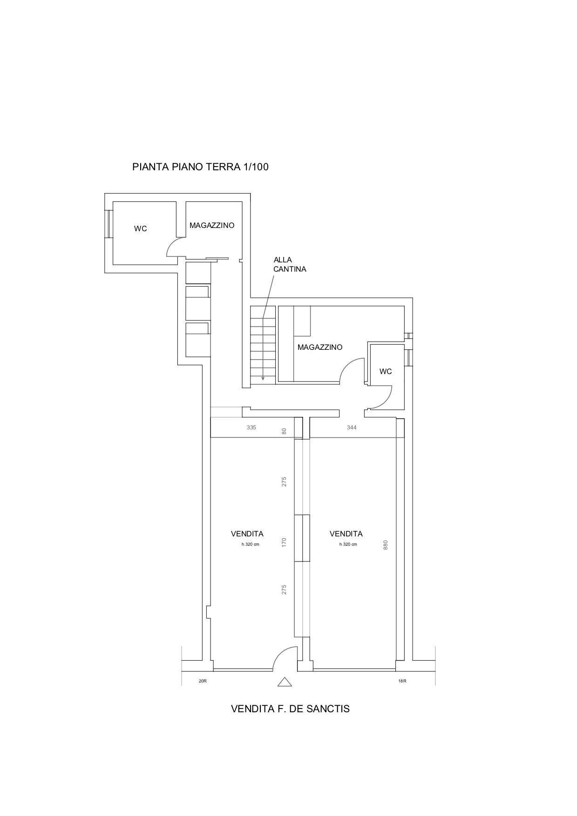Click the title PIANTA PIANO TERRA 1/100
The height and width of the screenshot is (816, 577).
[x=200, y=167]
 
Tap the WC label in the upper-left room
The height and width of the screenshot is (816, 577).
[x=140, y=228]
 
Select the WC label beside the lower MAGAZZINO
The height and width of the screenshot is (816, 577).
[x=386, y=371]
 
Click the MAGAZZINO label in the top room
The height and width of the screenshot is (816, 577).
[x=212, y=225]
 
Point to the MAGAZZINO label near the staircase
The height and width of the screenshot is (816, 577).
[x=320, y=347]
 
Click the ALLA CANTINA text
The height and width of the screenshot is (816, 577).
[x=290, y=264]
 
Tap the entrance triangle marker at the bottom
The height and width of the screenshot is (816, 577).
[x=285, y=682]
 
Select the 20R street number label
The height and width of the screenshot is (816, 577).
[x=203, y=681]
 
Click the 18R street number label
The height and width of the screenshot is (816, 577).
[x=402, y=681]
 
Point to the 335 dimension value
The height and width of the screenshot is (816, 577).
[x=251, y=427]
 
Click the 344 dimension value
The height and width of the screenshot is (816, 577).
[x=352, y=427]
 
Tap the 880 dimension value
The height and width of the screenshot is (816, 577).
[x=386, y=545]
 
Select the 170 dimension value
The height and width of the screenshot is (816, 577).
[x=284, y=542]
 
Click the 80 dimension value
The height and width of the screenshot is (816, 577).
[x=284, y=431]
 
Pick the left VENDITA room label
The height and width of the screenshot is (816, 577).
[x=247, y=534]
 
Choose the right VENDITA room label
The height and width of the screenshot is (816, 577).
[x=346, y=534]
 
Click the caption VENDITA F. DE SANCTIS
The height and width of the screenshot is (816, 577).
[x=290, y=709]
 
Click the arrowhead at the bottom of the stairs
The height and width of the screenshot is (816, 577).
[x=263, y=378]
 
